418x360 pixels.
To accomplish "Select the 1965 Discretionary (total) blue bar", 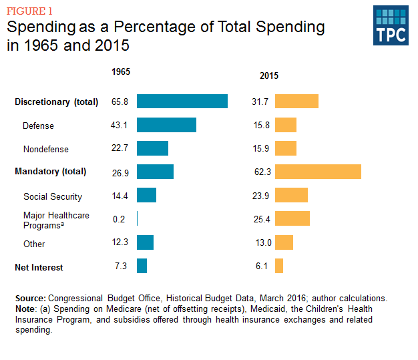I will (x=182, y=102).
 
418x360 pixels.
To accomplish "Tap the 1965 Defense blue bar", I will (x=166, y=125).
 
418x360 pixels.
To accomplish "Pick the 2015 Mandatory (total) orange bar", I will (x=318, y=172).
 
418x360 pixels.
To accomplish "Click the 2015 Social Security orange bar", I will (x=291, y=196).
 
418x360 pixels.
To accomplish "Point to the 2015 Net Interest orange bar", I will (x=279, y=266).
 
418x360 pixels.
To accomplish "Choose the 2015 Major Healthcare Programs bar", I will (x=292, y=219).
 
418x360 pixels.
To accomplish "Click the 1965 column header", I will (x=121, y=71).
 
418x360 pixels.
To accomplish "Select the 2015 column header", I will (x=269, y=75).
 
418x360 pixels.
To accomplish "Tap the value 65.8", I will (x=120, y=102).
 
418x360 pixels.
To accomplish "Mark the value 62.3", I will (x=262, y=172).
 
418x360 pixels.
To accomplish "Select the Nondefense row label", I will (x=45, y=149).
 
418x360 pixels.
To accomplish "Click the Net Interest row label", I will (x=39, y=267).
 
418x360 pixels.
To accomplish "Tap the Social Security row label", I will (x=53, y=196).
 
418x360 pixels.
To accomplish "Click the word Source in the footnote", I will (x=30, y=297).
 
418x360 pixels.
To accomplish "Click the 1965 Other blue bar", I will (x=145, y=242).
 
